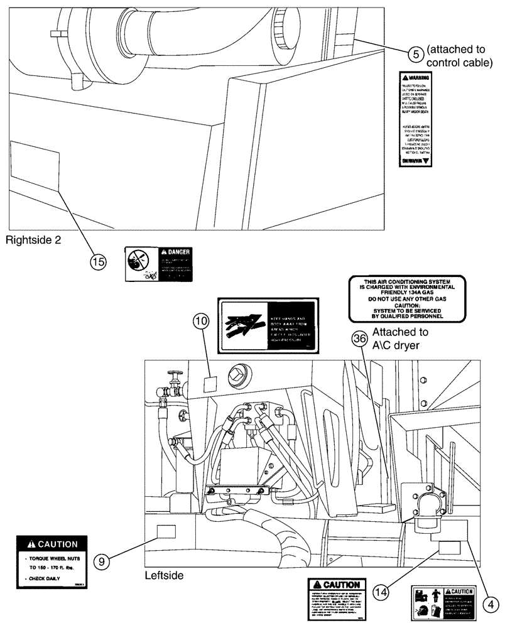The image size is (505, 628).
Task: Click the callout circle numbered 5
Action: pyautogui.click(x=415, y=54)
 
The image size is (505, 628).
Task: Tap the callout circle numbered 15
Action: pyautogui.click(x=98, y=261)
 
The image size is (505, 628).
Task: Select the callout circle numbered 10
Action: pyautogui.click(x=200, y=322)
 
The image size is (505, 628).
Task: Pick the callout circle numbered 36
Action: pyautogui.click(x=359, y=338)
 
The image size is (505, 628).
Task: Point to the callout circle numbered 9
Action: pyautogui.click(x=104, y=558)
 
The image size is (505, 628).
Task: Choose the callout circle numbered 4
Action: pyautogui.click(x=489, y=603)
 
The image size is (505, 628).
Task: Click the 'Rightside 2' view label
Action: pyautogui.click(x=33, y=239)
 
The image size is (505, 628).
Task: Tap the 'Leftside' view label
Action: pyautogui.click(x=165, y=574)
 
